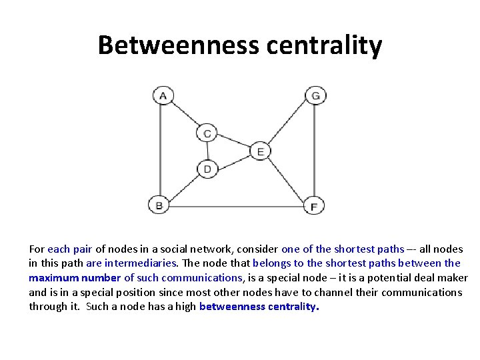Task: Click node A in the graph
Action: coord(162,95)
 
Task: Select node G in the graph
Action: coord(315,95)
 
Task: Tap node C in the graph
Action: coord(207,133)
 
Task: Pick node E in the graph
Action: coord(259,151)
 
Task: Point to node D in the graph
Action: coord(207,169)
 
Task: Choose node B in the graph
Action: coord(159,205)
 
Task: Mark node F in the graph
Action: coord(314,206)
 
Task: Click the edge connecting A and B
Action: coord(160,150)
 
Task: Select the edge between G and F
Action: coord(315,150)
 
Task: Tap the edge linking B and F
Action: coord(237,206)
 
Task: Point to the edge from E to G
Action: coord(287,124)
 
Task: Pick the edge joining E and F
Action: coord(287,179)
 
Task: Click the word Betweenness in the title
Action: coord(178,45)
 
